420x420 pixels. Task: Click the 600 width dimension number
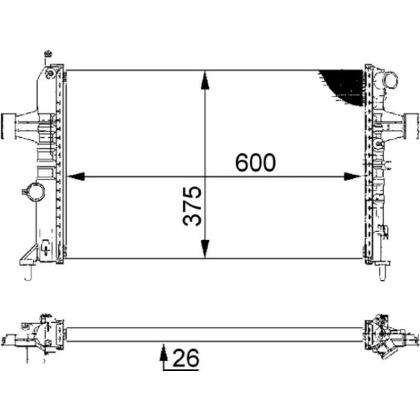pos(255,163)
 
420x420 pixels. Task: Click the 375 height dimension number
pos(192,206)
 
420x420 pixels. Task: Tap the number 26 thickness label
pos(186,358)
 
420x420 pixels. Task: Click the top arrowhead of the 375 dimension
pos(205,80)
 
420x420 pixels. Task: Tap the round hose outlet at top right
pos(390,79)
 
